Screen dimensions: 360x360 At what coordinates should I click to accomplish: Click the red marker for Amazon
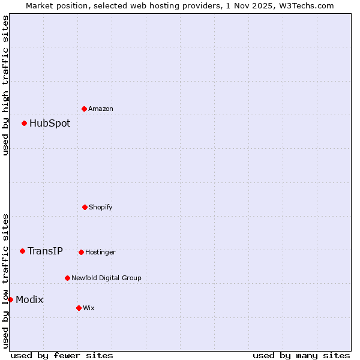[x=84, y=109]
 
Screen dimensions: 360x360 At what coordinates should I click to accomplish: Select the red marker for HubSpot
[x=24, y=123]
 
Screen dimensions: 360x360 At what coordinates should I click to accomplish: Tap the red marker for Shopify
[x=85, y=207]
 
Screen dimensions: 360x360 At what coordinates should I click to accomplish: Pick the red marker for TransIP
[x=22, y=251]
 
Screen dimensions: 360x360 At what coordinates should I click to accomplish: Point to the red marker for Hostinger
[x=81, y=252]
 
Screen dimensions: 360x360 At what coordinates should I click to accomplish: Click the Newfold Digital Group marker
[x=67, y=278]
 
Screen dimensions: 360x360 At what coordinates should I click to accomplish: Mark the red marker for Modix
[x=10, y=299]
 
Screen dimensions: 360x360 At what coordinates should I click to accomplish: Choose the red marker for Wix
[x=79, y=308]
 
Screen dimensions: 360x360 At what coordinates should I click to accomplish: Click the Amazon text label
[x=101, y=109]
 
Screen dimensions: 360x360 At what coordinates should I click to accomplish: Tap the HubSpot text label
[x=50, y=123]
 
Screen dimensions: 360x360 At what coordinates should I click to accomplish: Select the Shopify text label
[x=101, y=207]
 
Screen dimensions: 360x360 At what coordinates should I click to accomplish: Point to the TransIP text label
[x=45, y=251]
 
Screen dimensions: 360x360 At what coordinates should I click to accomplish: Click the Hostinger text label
[x=100, y=252]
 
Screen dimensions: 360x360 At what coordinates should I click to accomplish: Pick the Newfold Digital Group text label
[x=106, y=278]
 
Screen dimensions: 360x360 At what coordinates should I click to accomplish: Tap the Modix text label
[x=29, y=299]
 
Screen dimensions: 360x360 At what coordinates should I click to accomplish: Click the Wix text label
[x=89, y=308]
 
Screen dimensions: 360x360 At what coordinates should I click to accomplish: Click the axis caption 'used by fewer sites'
[x=62, y=355]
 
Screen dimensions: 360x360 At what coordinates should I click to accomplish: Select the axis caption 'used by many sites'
[x=301, y=355]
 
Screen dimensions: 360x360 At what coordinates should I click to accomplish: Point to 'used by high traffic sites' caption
[x=5, y=85]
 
